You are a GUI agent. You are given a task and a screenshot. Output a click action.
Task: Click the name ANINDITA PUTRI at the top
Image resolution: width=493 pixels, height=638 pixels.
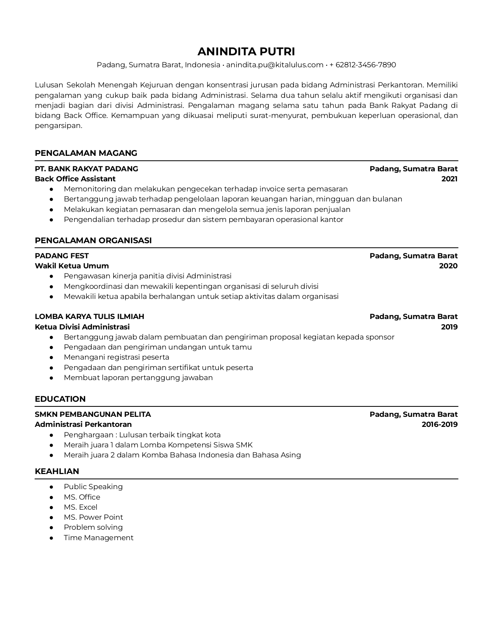click(246, 51)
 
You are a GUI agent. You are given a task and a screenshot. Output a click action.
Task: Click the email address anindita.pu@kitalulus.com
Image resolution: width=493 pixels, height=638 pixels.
click(275, 65)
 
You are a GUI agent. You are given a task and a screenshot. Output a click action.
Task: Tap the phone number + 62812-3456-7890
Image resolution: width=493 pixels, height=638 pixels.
click(362, 65)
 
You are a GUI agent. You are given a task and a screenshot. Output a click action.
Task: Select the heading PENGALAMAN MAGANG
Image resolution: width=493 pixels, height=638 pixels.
click(86, 153)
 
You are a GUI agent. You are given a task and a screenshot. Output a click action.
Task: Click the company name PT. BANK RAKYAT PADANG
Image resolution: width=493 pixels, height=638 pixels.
click(86, 169)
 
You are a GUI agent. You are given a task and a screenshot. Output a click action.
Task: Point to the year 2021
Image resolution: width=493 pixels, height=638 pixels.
click(449, 179)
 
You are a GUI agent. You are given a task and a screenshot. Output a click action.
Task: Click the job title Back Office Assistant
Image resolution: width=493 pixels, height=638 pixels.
click(75, 179)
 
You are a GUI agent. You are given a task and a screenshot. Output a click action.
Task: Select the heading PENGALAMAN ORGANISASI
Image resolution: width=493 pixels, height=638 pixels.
click(93, 241)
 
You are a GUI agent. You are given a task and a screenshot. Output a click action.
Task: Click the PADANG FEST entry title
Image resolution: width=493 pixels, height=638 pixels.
click(62, 256)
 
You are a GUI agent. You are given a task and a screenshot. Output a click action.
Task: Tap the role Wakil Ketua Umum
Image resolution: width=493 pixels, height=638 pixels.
click(72, 266)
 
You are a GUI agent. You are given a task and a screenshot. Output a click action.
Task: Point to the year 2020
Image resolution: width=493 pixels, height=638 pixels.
click(448, 266)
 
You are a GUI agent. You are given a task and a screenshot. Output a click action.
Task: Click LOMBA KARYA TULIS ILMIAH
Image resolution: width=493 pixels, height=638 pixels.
click(89, 316)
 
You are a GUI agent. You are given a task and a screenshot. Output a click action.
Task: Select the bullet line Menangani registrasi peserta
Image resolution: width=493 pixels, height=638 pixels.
click(116, 357)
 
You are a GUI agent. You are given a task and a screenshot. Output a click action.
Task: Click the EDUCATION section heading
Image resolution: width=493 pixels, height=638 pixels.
click(60, 399)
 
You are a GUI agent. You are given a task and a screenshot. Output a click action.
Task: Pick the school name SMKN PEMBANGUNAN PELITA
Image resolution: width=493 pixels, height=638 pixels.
click(93, 414)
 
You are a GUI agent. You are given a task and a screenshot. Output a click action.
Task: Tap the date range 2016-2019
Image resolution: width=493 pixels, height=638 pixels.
click(440, 424)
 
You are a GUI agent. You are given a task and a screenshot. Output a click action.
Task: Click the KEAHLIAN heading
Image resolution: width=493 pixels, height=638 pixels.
click(57, 471)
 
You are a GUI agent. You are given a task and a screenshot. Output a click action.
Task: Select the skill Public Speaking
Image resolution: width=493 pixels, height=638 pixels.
click(93, 487)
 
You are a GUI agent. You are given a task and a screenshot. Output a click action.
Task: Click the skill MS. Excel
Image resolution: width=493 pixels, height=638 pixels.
click(80, 507)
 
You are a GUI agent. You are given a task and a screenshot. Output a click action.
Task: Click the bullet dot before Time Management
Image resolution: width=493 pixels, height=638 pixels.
click(51, 538)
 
